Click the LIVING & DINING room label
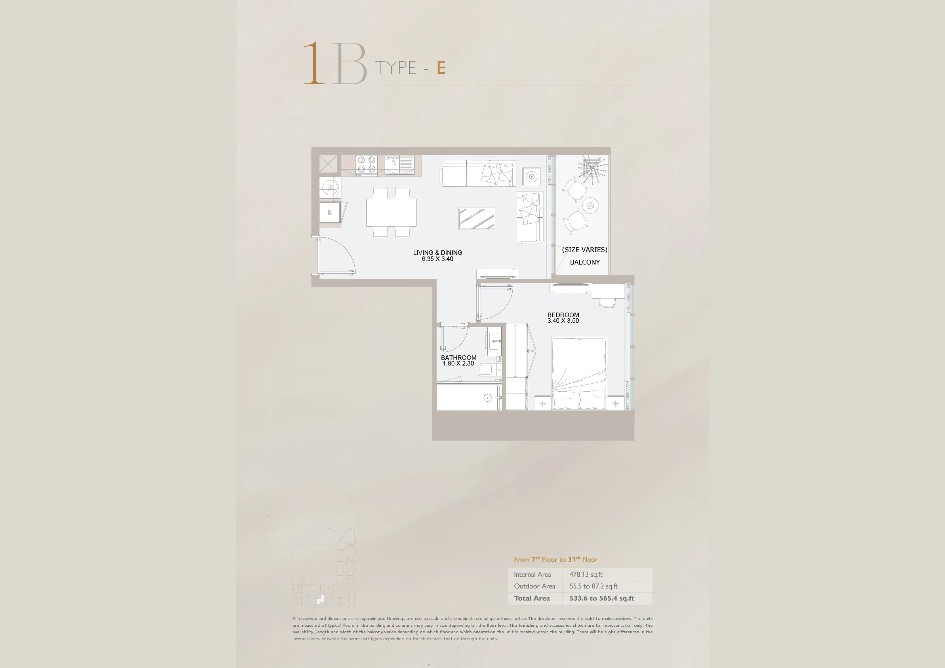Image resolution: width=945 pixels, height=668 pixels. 438,252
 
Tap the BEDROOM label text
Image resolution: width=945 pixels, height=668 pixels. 563,315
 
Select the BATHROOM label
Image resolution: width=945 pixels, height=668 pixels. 459,357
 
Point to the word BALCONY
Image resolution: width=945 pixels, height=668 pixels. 585,262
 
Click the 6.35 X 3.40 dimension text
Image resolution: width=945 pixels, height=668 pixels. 438,259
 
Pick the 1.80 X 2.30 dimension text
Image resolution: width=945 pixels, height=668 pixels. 459,363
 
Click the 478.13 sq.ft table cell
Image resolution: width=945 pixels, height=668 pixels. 586,574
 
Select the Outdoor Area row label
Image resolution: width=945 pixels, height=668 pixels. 534,586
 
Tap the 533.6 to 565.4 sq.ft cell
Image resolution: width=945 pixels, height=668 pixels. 602,598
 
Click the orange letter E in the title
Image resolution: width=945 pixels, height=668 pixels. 441,68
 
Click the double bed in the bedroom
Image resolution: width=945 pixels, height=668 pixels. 579,374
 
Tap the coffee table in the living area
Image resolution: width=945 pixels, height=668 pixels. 477,218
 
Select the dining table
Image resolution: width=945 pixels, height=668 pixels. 391,212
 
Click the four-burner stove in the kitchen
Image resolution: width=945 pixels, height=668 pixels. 366,165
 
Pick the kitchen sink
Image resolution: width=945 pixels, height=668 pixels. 399,165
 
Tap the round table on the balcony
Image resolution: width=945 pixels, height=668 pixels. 590,205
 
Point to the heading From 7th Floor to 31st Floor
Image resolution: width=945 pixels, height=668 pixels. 556,559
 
